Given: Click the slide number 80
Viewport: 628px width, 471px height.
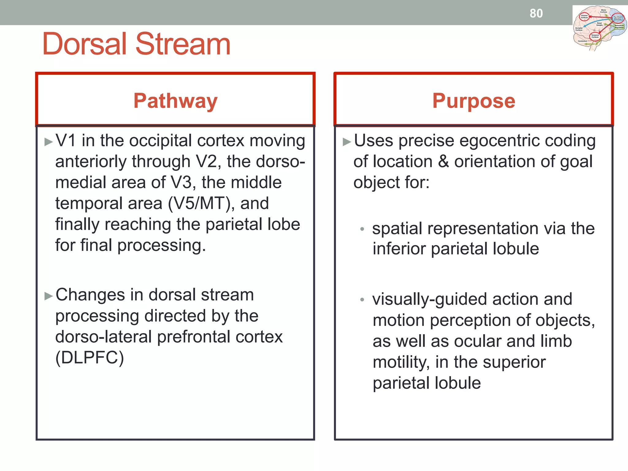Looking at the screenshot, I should coord(536,13).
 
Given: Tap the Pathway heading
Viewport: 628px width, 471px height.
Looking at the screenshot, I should coord(175,101).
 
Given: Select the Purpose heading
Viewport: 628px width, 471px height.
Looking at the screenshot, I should coord(473,101).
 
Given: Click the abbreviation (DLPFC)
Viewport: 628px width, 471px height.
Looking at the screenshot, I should coord(90,358).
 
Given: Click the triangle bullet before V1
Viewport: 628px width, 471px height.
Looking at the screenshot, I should coord(48,142).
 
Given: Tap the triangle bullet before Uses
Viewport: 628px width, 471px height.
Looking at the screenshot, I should coord(347,142).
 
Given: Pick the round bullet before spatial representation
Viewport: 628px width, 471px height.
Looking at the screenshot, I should coord(362,229).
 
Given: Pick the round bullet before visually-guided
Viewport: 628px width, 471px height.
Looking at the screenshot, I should coord(362,300).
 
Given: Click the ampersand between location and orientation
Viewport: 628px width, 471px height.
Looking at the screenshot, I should coord(443,162).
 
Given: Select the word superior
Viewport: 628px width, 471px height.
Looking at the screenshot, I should coord(514,362).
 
